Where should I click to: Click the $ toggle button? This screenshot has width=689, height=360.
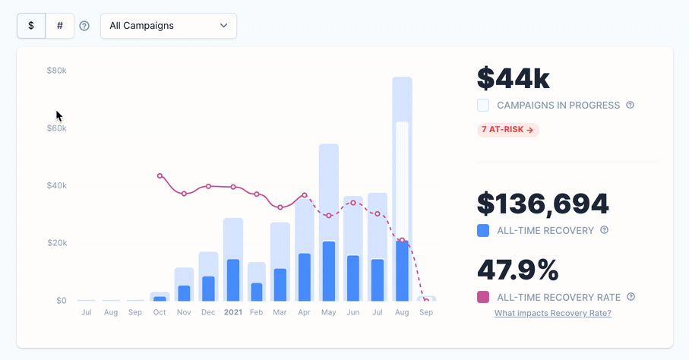point(31,25)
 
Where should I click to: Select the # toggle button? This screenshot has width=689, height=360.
point(60,25)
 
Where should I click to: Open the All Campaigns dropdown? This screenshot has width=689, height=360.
point(168,25)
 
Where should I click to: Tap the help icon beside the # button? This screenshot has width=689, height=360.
point(84,26)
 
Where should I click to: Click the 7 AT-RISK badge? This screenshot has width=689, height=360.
point(507,130)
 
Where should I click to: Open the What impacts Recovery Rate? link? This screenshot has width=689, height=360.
point(552,313)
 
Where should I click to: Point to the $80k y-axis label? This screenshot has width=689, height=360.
point(57,71)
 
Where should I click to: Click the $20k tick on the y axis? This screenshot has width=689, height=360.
point(57,243)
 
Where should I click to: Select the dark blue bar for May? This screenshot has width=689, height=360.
point(328,271)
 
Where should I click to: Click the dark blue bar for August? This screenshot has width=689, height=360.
point(402,271)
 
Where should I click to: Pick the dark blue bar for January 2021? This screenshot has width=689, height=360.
point(232,280)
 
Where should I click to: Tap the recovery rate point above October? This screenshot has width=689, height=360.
point(160,175)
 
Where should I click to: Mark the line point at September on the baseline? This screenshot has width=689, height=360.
point(426,301)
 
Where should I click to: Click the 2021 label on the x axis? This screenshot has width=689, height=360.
point(232,312)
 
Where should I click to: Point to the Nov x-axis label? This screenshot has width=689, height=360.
point(184,312)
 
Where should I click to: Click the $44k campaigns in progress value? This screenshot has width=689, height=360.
point(513,78)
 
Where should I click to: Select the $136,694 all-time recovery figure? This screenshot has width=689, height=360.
point(542,204)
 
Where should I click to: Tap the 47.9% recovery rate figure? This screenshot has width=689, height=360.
point(517,270)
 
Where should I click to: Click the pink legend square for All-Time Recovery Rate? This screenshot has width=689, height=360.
point(483,297)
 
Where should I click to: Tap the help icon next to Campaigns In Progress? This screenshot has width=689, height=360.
point(630,105)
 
